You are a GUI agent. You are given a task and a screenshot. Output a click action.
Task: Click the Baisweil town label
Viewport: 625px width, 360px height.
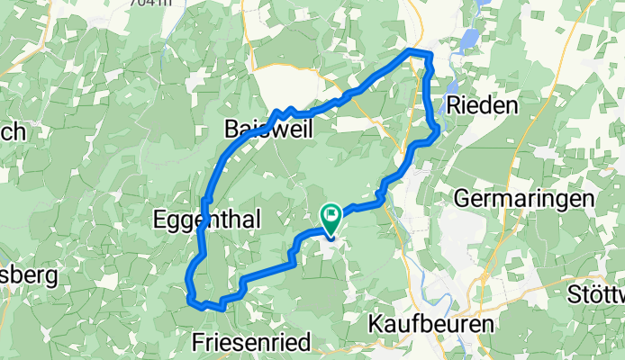[267, 130]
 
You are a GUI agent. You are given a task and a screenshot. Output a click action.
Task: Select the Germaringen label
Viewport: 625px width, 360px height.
[525, 198]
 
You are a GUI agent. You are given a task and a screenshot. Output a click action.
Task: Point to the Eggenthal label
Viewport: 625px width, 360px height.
[195, 220]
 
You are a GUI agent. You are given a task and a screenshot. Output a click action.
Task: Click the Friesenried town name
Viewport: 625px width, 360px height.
[251, 343]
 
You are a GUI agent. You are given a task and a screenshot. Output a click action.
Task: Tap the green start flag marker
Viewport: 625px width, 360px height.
[330, 219]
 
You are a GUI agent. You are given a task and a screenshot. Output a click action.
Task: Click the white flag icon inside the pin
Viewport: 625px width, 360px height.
[330, 214]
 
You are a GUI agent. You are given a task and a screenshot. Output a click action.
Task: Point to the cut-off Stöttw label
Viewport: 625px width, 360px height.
[597, 293]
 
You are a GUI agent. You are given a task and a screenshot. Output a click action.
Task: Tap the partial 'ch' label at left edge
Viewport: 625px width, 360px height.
[13, 131]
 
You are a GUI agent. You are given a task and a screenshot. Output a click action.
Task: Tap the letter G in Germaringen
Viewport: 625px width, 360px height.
[462, 198]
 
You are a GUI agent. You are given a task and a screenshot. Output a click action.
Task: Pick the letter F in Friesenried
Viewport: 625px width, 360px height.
[198, 343]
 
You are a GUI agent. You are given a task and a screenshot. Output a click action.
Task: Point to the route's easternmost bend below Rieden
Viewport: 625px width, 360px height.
[437, 131]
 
